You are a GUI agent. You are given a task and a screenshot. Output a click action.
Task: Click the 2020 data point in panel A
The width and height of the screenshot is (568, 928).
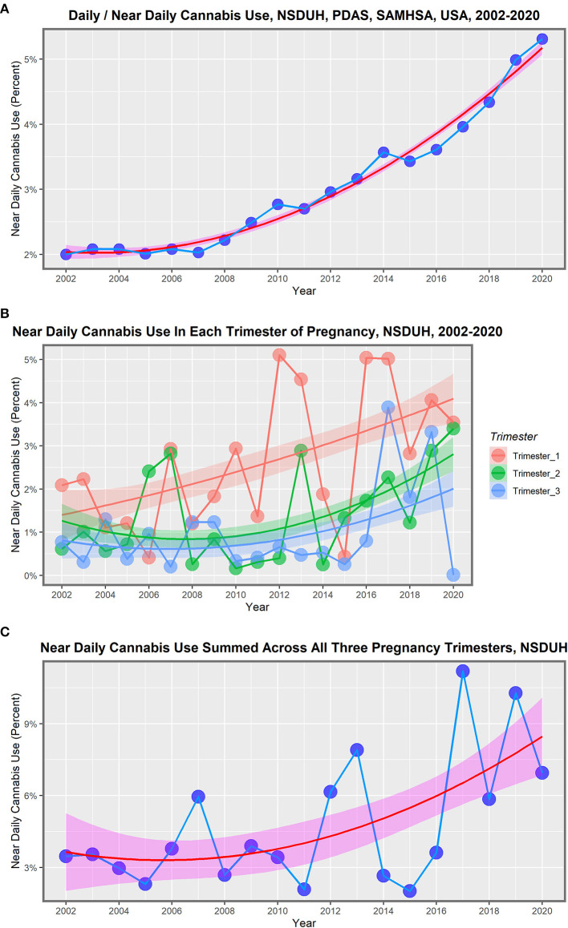tap(542, 38)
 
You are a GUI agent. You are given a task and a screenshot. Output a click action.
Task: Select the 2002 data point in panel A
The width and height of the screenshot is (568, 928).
tap(66, 254)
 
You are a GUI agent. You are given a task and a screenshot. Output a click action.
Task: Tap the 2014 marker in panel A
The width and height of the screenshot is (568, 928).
tap(383, 152)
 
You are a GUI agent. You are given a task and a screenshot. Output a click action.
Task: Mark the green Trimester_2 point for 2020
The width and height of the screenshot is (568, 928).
tap(453, 428)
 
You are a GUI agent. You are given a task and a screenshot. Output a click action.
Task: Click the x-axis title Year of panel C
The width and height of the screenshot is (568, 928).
tap(303, 922)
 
